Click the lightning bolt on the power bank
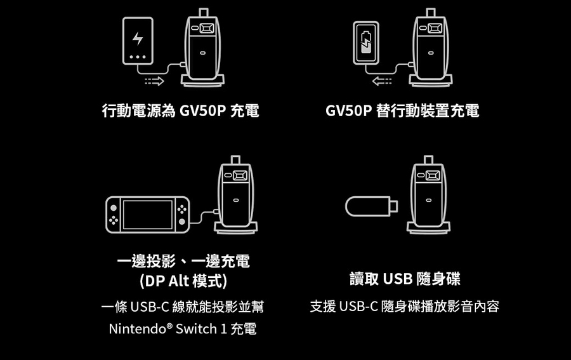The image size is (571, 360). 138,38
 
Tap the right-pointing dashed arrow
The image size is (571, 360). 154,81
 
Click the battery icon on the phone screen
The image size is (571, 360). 366,43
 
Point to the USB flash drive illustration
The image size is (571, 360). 371,206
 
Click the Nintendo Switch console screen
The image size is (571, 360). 148,215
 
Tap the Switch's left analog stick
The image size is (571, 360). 114,208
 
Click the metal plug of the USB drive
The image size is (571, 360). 394,206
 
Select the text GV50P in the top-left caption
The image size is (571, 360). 203,110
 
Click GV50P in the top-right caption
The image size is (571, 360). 348,110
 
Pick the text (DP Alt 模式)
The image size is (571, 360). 183,281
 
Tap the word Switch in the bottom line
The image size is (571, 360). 196,329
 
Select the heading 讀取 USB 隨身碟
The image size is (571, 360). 405,279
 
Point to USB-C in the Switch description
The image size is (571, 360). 150,307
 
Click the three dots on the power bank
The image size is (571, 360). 138,57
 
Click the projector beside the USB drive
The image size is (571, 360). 429,194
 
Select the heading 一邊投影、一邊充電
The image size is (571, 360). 183,261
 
